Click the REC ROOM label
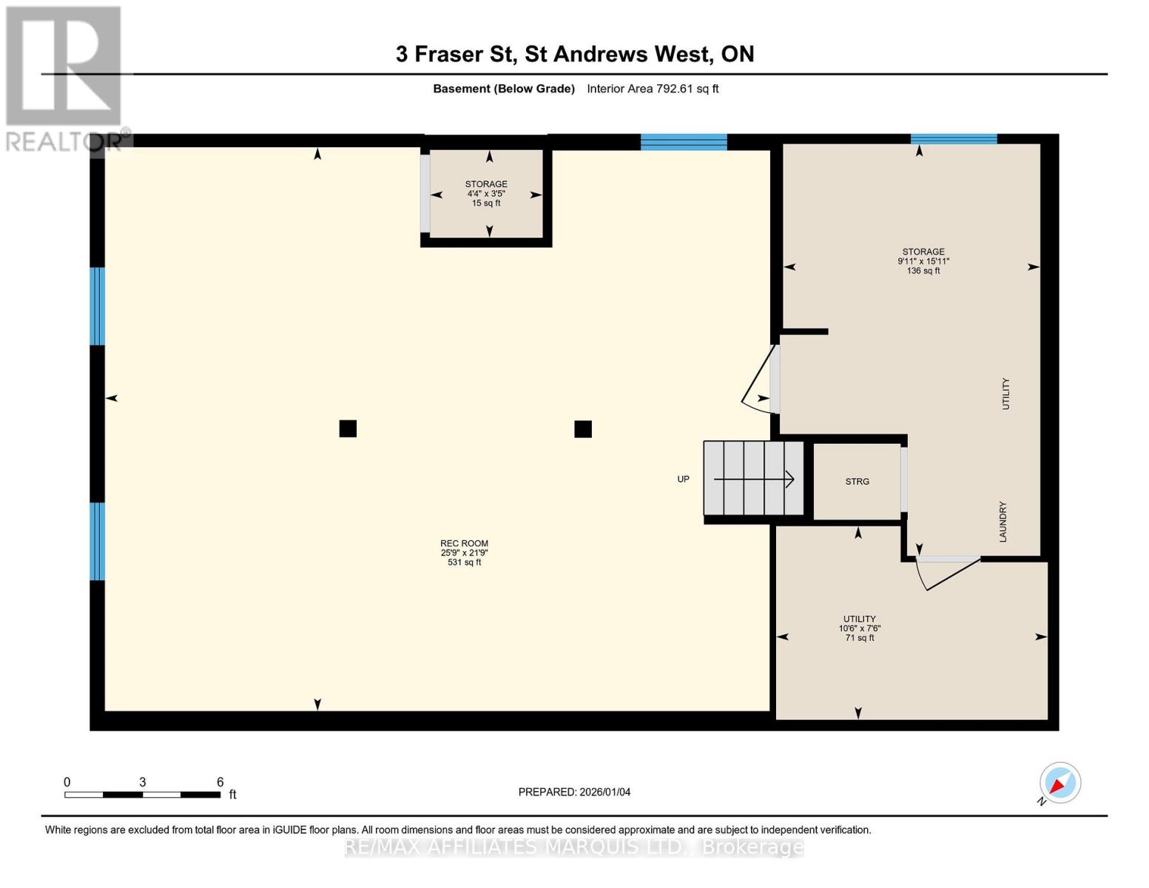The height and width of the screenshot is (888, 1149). click(464, 543)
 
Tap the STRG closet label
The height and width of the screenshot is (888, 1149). click(857, 482)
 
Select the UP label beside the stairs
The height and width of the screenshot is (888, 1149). click(683, 480)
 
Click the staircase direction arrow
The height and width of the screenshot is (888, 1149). click(753, 480)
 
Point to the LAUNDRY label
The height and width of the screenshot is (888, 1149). click(1003, 522)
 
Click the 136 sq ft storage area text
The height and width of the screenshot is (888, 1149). click(923, 271)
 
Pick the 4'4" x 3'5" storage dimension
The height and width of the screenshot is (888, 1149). click(486, 194)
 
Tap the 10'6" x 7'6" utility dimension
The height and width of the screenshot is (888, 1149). click(859, 628)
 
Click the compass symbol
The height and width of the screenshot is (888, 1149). click(1059, 783)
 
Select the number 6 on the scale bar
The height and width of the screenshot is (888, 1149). click(220, 781)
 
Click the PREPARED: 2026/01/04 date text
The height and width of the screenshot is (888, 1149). click(574, 793)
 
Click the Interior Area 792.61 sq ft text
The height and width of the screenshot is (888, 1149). click(653, 89)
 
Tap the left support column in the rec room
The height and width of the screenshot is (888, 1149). click(348, 428)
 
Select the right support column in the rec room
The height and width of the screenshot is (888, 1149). click(583, 429)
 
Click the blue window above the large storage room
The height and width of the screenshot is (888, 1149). click(954, 139)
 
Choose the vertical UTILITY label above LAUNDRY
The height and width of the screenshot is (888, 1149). click(1005, 394)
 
